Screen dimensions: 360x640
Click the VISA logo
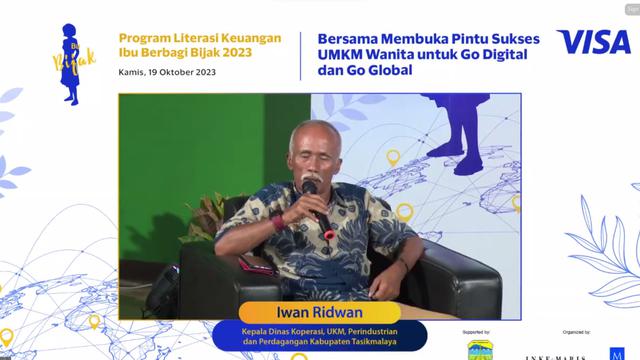(x=593, y=42)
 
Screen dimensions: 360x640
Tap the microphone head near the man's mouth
(x=310, y=186)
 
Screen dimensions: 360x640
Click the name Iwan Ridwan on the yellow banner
(x=313, y=310)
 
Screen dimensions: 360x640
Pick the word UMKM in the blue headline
(x=337, y=57)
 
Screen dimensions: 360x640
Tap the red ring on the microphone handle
(x=329, y=234)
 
